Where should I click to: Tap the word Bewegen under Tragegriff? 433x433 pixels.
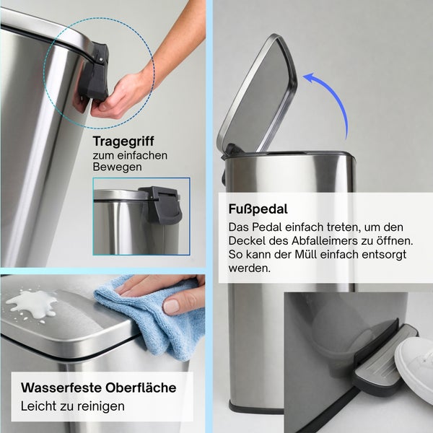117,167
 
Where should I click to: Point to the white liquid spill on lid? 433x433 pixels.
31,303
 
